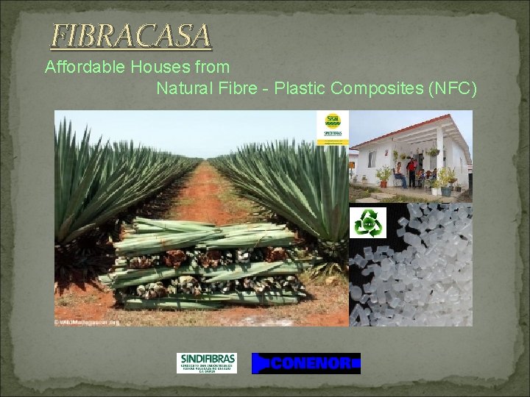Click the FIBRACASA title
click(131, 35)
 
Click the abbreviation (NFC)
click(451, 89)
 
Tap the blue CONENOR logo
click(305, 363)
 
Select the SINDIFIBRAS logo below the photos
click(207, 362)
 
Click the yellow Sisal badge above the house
click(333, 129)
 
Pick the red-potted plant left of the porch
click(383, 176)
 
